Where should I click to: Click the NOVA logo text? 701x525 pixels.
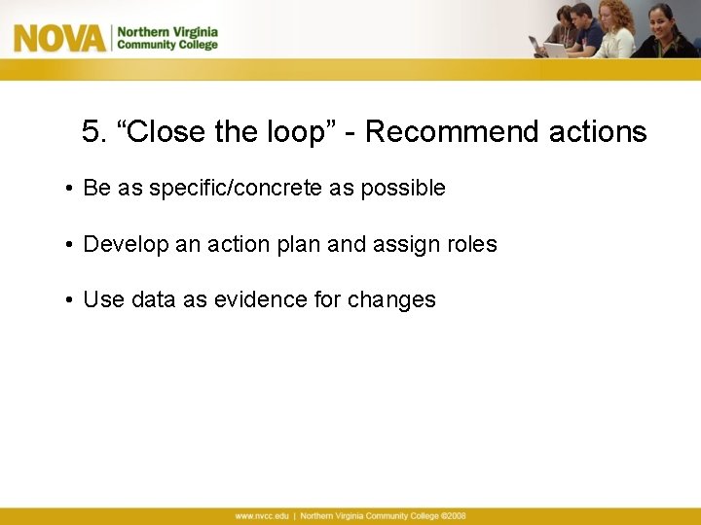tap(58, 38)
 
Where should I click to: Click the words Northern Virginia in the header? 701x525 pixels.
tap(167, 31)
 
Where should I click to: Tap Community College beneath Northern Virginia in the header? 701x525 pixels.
tap(167, 45)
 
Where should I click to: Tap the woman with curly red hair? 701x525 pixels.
tap(615, 29)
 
